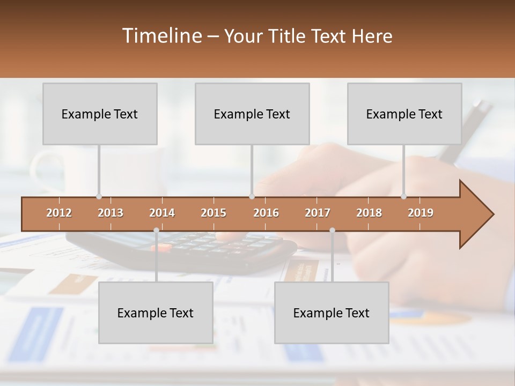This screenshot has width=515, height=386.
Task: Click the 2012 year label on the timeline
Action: (x=59, y=213)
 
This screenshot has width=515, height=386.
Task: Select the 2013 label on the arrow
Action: (x=111, y=213)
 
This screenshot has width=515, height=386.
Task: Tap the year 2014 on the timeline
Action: (x=162, y=213)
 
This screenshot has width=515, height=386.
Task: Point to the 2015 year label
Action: (x=214, y=213)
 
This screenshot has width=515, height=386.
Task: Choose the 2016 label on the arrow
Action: (x=266, y=213)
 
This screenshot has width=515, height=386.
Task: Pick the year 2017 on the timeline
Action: (x=318, y=213)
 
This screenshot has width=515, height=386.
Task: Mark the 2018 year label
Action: (x=369, y=213)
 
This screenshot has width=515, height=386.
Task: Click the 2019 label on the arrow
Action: (x=421, y=213)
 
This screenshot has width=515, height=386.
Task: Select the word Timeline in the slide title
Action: (x=161, y=36)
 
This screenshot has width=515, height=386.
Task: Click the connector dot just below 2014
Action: (x=156, y=231)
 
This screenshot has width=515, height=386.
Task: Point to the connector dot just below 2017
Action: (x=332, y=231)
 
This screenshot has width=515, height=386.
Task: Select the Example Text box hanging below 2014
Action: (x=156, y=313)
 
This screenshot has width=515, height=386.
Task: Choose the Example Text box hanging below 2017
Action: (x=332, y=313)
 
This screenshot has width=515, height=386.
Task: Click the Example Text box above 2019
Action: (x=404, y=114)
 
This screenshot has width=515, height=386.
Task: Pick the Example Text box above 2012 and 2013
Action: (x=100, y=114)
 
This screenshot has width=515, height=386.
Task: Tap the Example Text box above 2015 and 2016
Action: (x=252, y=114)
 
